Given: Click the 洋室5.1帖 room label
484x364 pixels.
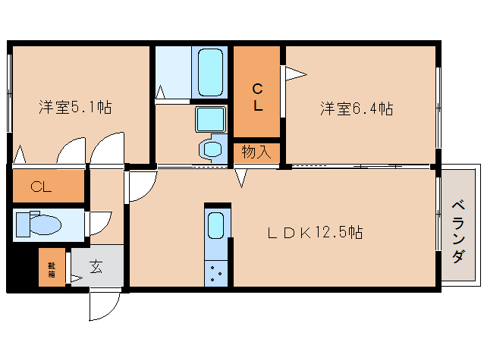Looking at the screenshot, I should pos(75,108).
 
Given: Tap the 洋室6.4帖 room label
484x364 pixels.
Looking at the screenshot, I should pos(356,108).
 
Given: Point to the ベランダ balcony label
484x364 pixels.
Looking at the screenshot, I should pos(458,232).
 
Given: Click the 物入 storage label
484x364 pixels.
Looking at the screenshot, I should pos(256,152).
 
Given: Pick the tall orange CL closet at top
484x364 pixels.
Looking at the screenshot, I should pos(258,91).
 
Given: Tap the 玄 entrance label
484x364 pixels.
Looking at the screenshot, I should pos(96,267).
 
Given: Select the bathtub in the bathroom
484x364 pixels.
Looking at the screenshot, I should pos(210,72).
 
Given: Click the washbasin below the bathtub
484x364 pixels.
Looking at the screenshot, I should pos(210,119).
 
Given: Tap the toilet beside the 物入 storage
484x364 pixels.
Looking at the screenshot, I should pos(212,148).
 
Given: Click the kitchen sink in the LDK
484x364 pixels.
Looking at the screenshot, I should pos(217,225).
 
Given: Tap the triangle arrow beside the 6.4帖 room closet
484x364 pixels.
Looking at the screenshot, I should pos(294,74).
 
